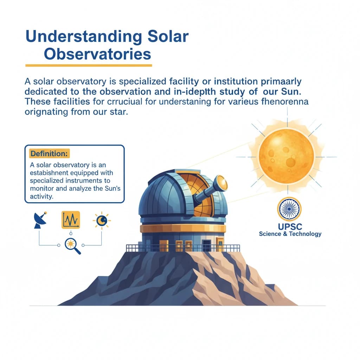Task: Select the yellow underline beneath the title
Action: (x=89, y=65)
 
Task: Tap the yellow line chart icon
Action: (x=71, y=220)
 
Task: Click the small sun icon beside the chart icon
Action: (x=102, y=220)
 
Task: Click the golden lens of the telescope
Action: (x=222, y=183)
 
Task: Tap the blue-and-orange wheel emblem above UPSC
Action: (x=289, y=209)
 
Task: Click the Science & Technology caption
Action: (x=290, y=234)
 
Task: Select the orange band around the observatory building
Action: (x=183, y=229)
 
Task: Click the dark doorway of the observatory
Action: (x=206, y=245)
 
